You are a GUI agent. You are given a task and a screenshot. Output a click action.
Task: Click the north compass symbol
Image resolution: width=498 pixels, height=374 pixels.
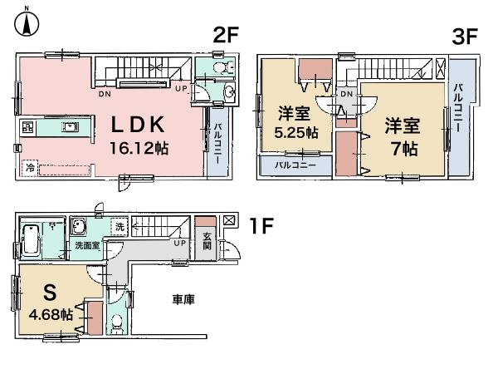pyautogui.click(x=27, y=22)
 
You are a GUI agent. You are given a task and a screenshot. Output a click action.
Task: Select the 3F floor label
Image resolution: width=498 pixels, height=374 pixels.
pyautogui.click(x=465, y=36)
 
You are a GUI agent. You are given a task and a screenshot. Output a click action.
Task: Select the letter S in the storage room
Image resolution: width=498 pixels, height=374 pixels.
pyautogui.click(x=49, y=293)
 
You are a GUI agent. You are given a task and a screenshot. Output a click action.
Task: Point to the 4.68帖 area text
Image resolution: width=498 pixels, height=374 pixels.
pyautogui.click(x=50, y=315)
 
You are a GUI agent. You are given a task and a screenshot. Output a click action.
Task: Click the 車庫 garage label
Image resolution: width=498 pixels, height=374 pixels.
pyautogui.click(x=184, y=298)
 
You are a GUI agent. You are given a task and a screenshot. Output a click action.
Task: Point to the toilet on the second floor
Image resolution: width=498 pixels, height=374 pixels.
pyautogui.click(x=219, y=68)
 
